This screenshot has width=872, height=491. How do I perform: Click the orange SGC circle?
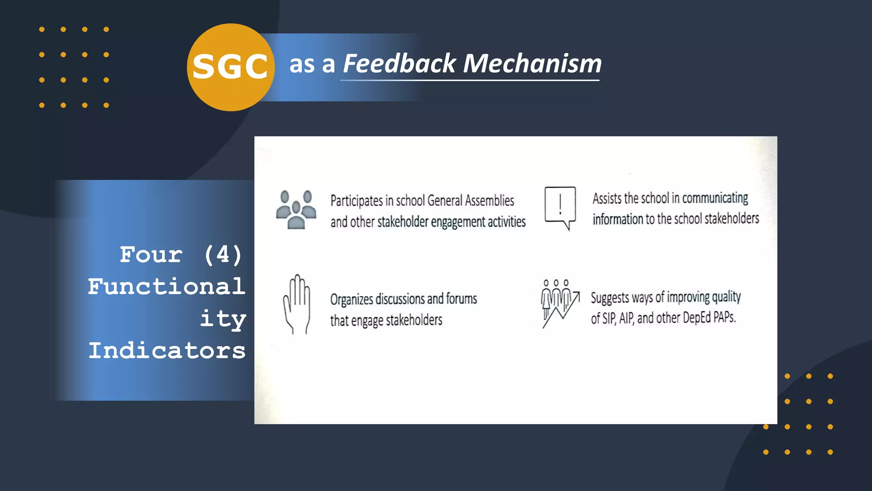[230, 67]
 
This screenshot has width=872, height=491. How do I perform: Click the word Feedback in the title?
[399, 64]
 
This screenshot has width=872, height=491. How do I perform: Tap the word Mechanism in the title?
[532, 64]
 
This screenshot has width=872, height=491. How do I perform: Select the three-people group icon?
[296, 210]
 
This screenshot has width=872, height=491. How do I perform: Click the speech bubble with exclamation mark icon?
[560, 208]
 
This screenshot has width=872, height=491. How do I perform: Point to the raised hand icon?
[297, 304]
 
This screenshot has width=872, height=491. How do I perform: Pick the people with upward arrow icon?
[559, 303]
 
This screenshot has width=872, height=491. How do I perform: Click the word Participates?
[356, 201]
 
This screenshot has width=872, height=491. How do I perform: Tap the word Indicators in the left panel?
[167, 350]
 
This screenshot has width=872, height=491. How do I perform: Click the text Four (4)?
[181, 255]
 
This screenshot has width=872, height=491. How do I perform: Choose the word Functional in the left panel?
[167, 286]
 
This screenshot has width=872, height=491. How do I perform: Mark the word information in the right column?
[618, 220]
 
